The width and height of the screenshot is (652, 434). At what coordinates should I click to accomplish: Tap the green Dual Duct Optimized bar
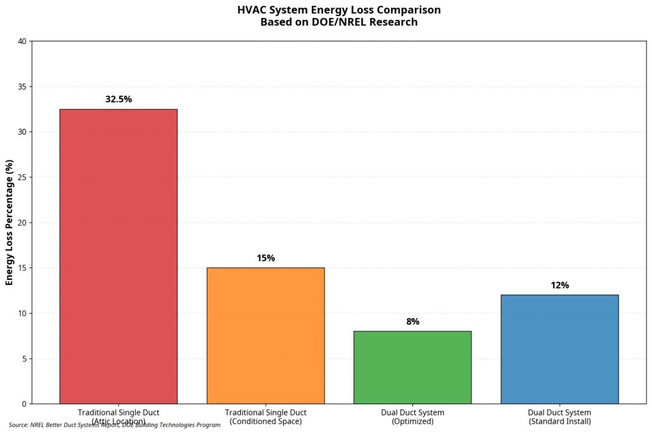(x=413, y=367)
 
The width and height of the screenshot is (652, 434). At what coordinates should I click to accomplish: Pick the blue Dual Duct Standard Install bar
(x=560, y=349)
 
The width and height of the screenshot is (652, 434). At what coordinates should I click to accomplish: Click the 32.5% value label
(x=118, y=99)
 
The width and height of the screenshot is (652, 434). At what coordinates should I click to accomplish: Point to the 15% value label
(x=266, y=258)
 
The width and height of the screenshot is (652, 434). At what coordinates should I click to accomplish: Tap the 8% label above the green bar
(x=413, y=322)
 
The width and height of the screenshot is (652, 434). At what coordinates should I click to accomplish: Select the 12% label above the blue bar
(x=560, y=286)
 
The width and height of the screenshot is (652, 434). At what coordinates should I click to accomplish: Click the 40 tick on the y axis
(x=22, y=41)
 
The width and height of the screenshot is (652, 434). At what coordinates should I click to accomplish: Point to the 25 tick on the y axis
(x=22, y=178)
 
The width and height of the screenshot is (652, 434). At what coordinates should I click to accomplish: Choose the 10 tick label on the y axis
(x=22, y=313)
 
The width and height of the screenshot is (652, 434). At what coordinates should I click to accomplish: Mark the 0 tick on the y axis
(x=24, y=404)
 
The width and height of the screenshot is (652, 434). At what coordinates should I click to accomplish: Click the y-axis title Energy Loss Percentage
(x=10, y=223)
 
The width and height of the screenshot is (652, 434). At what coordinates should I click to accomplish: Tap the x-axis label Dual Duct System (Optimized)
(x=413, y=417)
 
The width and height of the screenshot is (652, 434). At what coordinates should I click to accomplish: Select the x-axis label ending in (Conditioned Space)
(x=266, y=417)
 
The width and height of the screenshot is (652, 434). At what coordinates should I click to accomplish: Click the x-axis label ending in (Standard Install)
(x=560, y=417)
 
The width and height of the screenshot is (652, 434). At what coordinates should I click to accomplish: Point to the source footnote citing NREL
(x=115, y=425)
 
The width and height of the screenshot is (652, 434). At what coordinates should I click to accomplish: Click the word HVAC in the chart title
(x=250, y=10)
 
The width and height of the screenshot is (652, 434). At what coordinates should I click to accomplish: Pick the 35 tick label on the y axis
(x=22, y=87)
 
